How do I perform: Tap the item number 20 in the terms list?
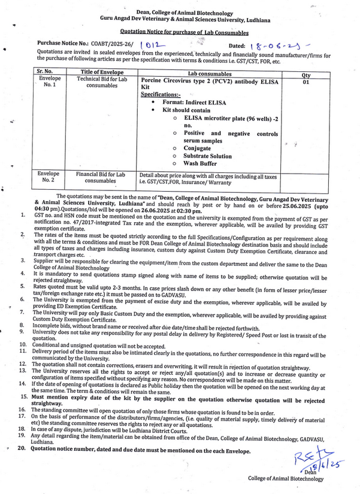[x=22, y=449]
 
